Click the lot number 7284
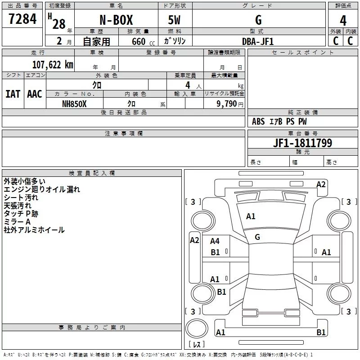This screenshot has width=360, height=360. click(x=22, y=19)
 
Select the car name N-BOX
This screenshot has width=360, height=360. click(x=116, y=21)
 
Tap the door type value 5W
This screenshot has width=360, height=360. click(x=175, y=21)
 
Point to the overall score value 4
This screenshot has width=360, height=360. click(x=343, y=21)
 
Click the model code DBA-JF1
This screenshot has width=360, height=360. click(x=258, y=41)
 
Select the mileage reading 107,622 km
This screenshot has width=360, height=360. click(x=53, y=64)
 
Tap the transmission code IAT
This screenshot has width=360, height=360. click(x=13, y=94)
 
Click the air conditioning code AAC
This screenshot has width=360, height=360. click(x=34, y=94)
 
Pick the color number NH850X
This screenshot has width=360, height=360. click(x=75, y=103)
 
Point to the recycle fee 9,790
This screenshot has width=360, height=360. click(x=229, y=103)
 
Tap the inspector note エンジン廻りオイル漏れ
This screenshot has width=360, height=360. click(x=42, y=189)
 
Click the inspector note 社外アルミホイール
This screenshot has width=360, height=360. click(x=34, y=230)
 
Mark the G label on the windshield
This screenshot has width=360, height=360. click(x=257, y=237)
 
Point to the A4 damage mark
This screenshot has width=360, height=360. click(x=215, y=242)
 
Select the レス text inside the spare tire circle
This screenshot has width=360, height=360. click(x=196, y=344)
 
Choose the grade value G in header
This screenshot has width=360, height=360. click(x=258, y=21)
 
